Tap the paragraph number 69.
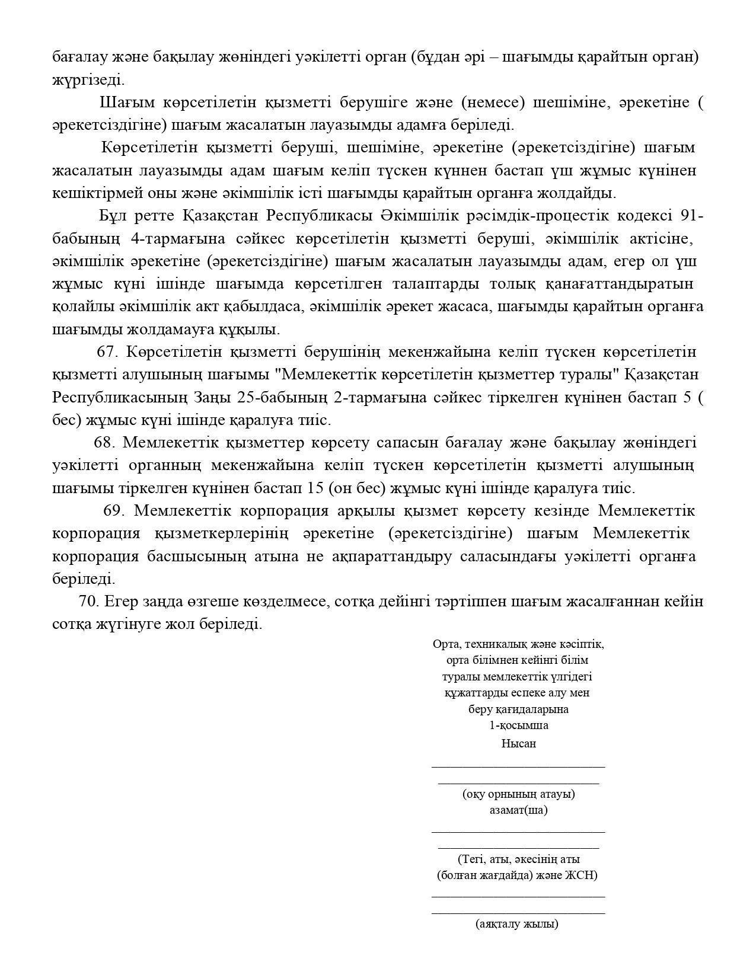coord(112,510)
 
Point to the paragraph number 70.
coord(88,601)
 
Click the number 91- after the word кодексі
coord(693,216)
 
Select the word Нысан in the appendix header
coord(518,743)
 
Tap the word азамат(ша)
coord(518,810)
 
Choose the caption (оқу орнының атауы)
coord(518,794)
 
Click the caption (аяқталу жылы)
coord(516,923)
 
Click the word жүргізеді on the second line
coord(88,79)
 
